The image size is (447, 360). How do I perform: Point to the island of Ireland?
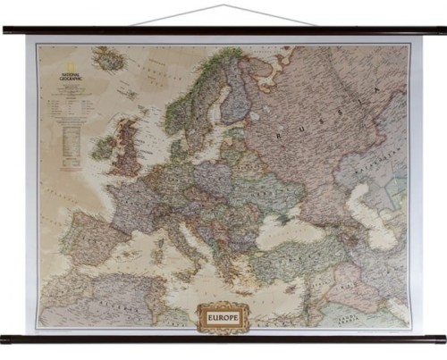(x=104, y=146)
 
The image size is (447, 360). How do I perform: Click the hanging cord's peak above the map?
(x=223, y=5)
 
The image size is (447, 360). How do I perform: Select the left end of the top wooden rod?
(x=6, y=29)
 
